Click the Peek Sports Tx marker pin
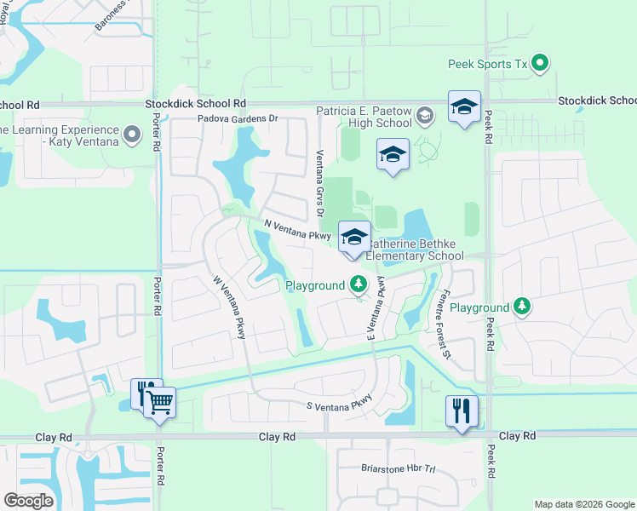(x=539, y=63)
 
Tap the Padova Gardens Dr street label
(x=238, y=119)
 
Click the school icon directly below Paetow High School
(x=393, y=154)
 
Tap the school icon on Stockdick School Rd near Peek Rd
(x=464, y=106)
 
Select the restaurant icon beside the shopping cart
(x=146, y=393)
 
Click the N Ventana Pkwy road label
(x=296, y=230)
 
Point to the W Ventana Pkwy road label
(x=229, y=307)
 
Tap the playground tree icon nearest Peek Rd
(x=522, y=307)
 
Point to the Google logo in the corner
(x=28, y=501)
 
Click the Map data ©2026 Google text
(x=584, y=504)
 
